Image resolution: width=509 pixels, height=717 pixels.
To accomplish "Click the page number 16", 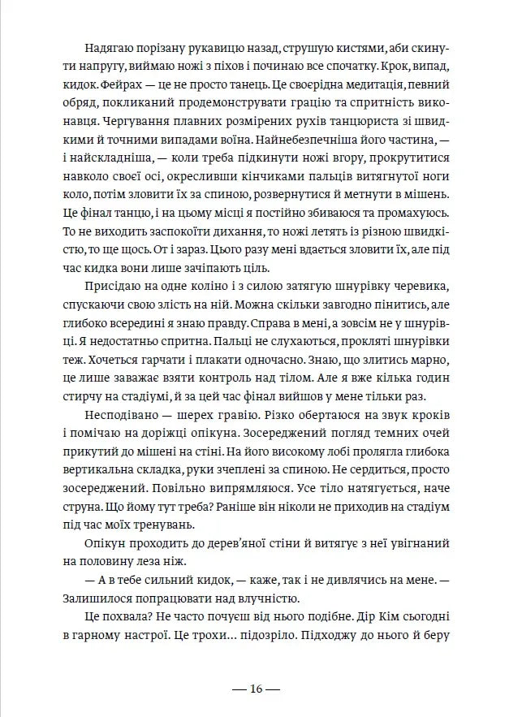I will pos(255,689).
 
